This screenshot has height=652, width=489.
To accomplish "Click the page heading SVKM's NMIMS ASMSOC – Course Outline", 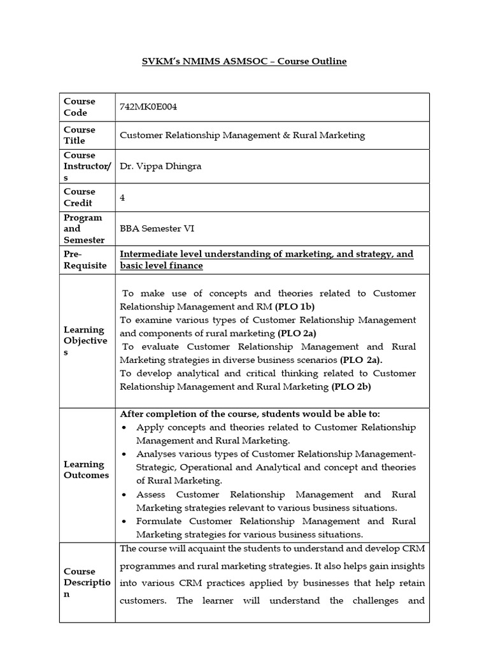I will [x=244, y=61].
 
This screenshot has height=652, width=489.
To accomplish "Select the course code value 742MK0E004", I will [x=148, y=107].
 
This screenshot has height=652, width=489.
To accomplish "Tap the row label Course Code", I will [x=80, y=107].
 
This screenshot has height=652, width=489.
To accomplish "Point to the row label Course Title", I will [x=80, y=135].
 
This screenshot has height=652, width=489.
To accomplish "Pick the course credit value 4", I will [x=122, y=197].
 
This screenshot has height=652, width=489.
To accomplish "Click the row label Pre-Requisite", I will [x=85, y=260].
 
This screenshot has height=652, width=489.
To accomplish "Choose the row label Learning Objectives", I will [x=85, y=341].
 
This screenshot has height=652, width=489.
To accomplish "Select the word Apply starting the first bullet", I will [x=150, y=427].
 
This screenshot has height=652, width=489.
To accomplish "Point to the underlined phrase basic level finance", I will [x=162, y=266].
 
